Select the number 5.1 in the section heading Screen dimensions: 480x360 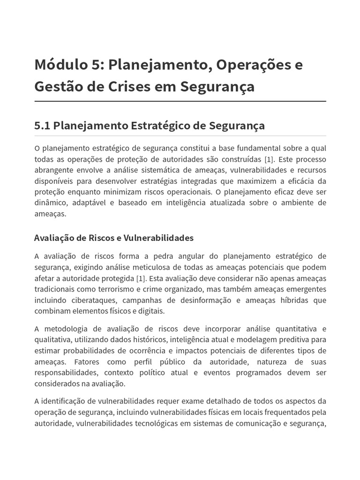[42, 126]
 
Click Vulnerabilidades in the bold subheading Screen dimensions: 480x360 [158, 238]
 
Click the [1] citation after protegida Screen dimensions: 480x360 [141, 278]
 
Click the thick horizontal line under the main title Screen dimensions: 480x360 [180, 101]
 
